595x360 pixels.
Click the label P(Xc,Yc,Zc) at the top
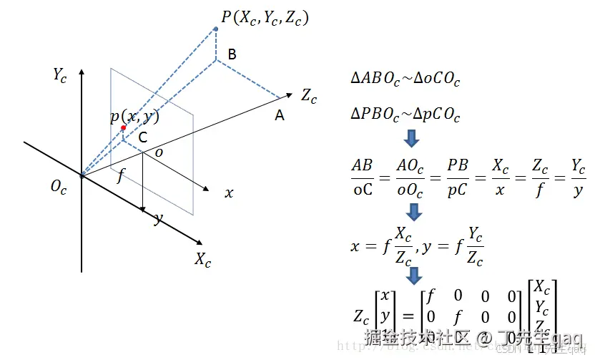(x=265, y=17)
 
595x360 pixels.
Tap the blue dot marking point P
(x=216, y=29)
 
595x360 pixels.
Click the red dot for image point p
(x=124, y=128)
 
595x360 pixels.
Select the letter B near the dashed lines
(x=232, y=54)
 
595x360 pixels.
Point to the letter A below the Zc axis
(x=280, y=115)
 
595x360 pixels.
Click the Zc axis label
(x=309, y=96)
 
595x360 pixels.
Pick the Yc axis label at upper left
(x=60, y=74)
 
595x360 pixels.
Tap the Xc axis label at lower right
(x=203, y=260)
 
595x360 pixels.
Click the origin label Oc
(x=59, y=187)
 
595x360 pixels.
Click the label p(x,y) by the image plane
(x=134, y=117)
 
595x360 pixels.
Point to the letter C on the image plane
(x=143, y=137)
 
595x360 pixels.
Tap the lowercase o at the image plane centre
(x=159, y=153)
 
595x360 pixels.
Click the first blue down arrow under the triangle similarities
(x=413, y=137)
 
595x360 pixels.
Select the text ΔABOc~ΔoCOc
(x=405, y=79)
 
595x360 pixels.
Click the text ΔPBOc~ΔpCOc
(x=405, y=114)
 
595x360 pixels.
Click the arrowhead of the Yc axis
(x=82, y=72)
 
